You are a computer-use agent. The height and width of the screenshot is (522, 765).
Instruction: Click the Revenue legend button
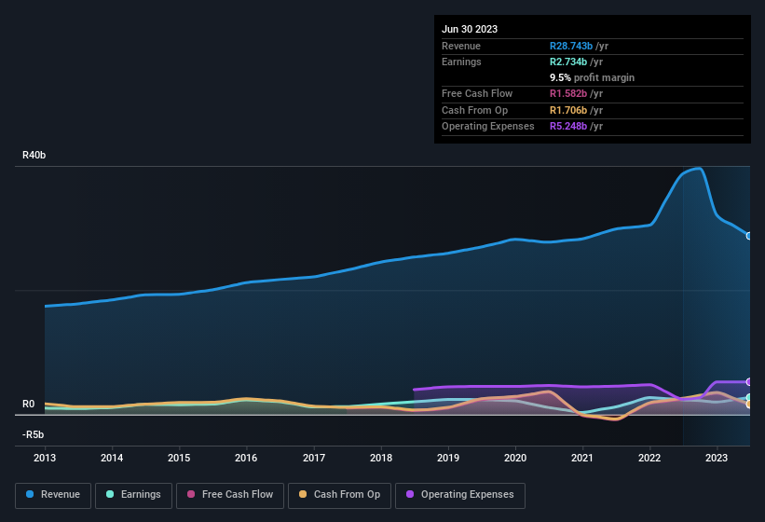(x=53, y=495)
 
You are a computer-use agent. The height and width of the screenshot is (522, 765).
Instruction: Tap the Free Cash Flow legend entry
(x=230, y=495)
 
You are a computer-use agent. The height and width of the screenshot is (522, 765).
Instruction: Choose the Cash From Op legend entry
(x=339, y=495)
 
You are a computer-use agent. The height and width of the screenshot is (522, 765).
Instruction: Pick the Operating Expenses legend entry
(x=460, y=495)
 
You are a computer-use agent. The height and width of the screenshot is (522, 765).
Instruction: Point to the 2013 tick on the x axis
(x=45, y=458)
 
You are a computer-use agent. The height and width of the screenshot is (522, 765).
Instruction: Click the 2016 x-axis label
(x=246, y=458)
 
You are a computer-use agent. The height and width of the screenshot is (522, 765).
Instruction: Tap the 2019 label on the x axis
(x=448, y=458)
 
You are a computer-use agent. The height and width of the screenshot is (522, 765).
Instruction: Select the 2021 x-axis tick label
(x=582, y=458)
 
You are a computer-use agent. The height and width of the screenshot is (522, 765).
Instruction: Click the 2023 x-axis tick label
(x=717, y=458)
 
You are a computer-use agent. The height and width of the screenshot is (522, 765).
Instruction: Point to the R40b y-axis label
(x=34, y=155)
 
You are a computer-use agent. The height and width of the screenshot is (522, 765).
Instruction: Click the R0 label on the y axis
(x=28, y=405)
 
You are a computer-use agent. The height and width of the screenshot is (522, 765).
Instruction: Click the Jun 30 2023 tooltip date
(x=470, y=29)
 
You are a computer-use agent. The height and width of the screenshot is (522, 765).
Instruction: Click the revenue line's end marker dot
(x=749, y=236)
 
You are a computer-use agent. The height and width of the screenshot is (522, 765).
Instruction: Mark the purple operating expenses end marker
(x=749, y=382)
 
